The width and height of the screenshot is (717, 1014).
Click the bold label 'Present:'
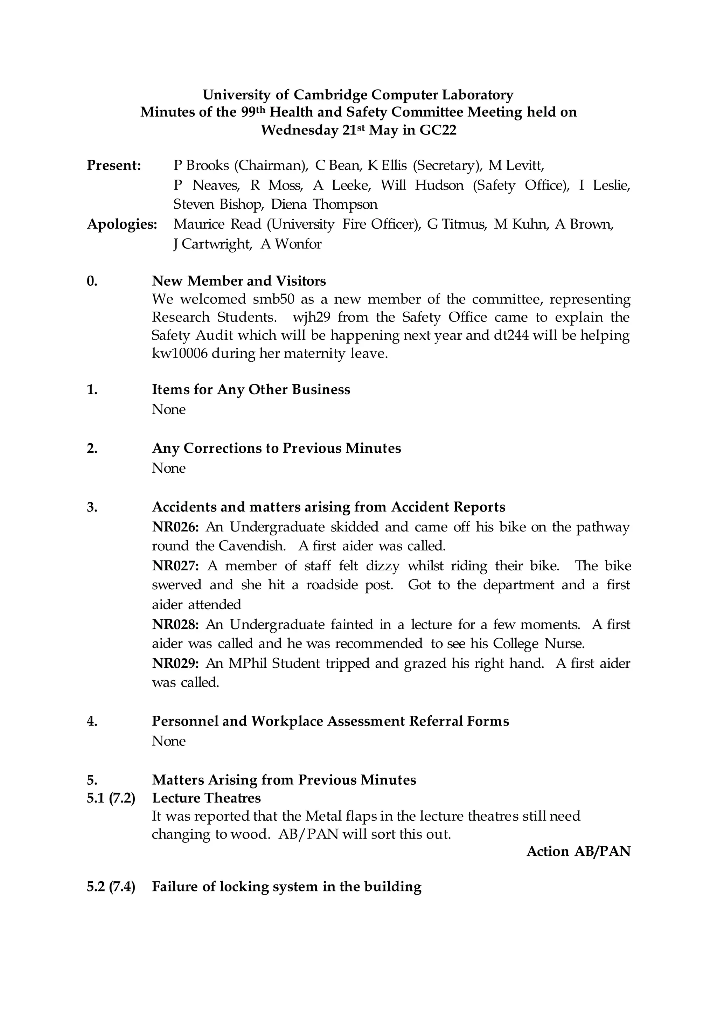(114, 165)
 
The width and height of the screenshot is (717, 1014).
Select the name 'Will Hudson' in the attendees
(422, 185)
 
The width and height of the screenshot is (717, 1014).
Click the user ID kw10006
(180, 354)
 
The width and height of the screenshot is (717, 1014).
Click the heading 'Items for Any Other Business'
(251, 389)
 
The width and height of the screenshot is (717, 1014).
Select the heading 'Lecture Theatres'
(206, 798)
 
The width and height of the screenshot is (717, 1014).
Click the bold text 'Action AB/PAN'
(578, 851)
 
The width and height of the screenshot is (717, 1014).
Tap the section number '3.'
(92, 507)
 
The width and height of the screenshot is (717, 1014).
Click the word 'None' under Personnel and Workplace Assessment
(169, 741)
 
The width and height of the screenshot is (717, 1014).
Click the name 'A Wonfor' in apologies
(291, 244)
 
